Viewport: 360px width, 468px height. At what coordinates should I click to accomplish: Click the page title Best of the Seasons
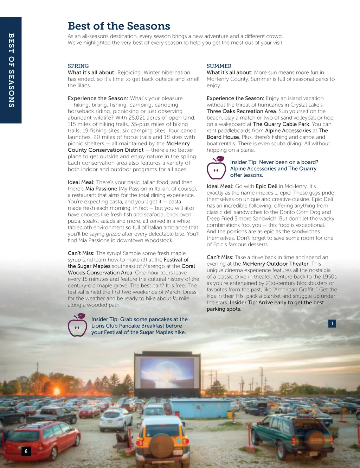pos(119,26)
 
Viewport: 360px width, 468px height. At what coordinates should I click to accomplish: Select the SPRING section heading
pos(78,66)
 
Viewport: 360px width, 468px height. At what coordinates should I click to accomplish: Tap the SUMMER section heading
pos(219,66)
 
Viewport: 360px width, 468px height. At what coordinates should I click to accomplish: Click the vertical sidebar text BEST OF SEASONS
pos(11,70)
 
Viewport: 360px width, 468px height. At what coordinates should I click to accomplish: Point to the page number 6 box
pos(26,451)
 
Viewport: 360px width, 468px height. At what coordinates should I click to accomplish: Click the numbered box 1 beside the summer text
pos(332,323)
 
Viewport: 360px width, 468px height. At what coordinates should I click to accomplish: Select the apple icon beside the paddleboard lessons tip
pos(216,168)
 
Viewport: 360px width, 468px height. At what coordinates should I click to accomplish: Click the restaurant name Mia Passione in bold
pos(101,189)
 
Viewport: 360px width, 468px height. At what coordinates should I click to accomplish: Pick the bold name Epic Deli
pos(266,186)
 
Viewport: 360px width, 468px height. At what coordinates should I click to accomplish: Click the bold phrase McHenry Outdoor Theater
pos(275,264)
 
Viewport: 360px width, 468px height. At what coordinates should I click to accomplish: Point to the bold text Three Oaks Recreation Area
pos(241,111)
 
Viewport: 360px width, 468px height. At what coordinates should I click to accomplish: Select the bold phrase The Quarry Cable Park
pos(281,124)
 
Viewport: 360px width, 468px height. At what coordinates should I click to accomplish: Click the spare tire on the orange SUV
pos(161,445)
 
